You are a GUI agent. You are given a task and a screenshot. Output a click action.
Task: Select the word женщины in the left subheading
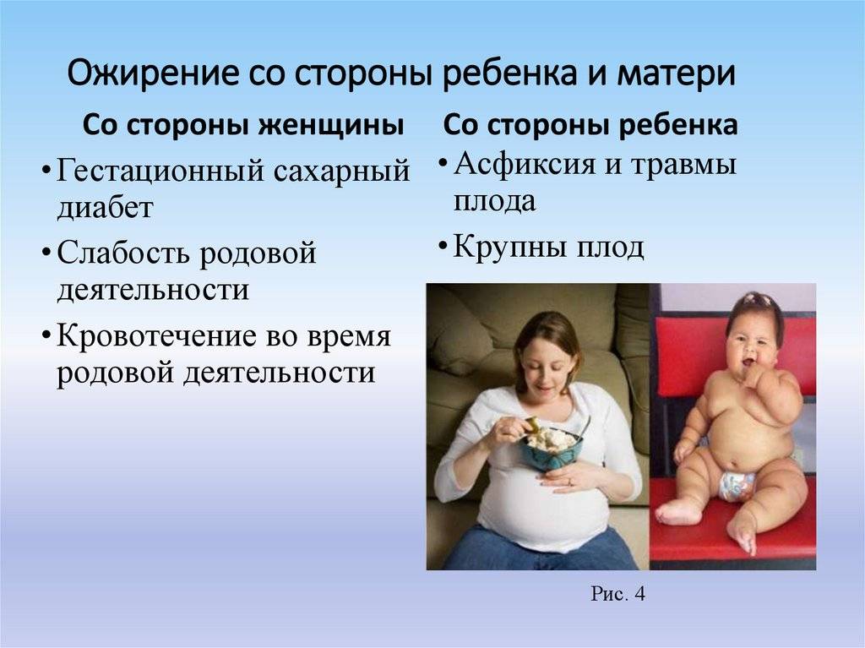(x=332, y=126)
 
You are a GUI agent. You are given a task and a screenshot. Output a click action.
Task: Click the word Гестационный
(x=158, y=171)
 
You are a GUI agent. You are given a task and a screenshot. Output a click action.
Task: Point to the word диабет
(x=105, y=208)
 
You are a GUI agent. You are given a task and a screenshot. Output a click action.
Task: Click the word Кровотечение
(x=157, y=336)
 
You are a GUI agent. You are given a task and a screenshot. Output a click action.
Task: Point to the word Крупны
(x=509, y=247)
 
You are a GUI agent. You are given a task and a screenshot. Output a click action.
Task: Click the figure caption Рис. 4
(x=617, y=594)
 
